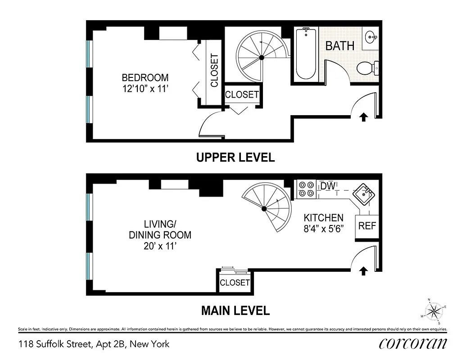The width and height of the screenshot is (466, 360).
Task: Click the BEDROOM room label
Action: pyautogui.click(x=145, y=77)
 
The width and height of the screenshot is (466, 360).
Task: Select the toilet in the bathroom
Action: pyautogui.click(x=366, y=68)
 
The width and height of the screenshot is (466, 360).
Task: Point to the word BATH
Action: pyautogui.click(x=340, y=46)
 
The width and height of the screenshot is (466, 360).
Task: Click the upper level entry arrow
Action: pyautogui.click(x=363, y=117)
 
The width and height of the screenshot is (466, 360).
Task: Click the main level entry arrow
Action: pyautogui.click(x=363, y=270)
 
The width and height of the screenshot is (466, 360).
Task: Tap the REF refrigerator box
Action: pyautogui.click(x=367, y=226)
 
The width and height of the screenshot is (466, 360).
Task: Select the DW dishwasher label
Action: pyautogui.click(x=328, y=185)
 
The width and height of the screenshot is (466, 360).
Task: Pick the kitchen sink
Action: pyautogui.click(x=363, y=194)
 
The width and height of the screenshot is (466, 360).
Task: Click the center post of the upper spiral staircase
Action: pyautogui.click(x=261, y=57)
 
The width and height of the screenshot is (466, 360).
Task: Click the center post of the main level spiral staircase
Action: pyautogui.click(x=264, y=208)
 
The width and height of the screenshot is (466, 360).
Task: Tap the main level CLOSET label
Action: pyautogui.click(x=235, y=283)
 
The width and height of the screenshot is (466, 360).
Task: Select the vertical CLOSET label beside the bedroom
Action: pyautogui.click(x=214, y=71)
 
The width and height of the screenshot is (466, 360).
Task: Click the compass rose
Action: pyautogui.click(x=434, y=310)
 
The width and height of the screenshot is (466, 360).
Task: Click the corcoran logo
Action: pyautogui.click(x=413, y=344)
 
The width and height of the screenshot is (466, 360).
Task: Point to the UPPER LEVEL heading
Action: pyautogui.click(x=235, y=157)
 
